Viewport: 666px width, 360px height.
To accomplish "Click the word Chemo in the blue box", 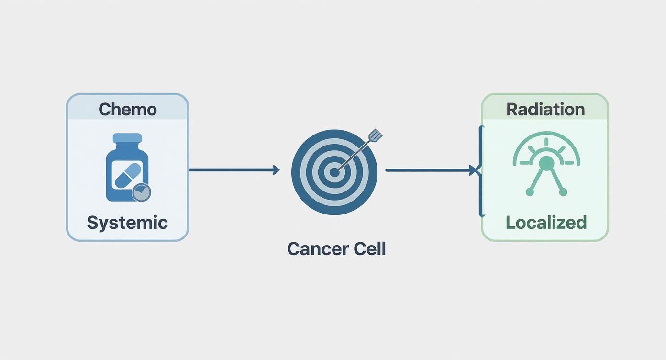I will click(127, 109).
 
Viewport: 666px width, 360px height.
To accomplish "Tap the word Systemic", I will click(127, 223).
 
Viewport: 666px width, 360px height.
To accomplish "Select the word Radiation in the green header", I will click(545, 109).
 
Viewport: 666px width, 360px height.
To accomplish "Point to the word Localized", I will click(546, 223).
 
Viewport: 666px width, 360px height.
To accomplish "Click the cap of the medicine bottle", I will click(127, 138).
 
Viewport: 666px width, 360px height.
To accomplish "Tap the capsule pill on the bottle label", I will click(127, 175).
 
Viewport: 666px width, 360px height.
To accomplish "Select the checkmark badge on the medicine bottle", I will click(141, 192).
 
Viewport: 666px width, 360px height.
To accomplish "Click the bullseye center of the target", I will click(334, 172).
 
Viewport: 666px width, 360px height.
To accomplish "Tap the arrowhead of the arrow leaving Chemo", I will click(276, 170).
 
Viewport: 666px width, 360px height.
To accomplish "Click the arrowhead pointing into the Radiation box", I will click(474, 170).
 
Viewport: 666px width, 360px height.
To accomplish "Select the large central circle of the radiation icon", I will click(546, 164).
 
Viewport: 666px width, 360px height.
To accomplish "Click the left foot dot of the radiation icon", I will click(530, 192).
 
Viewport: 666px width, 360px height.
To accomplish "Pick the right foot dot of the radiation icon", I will click(563, 192).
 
